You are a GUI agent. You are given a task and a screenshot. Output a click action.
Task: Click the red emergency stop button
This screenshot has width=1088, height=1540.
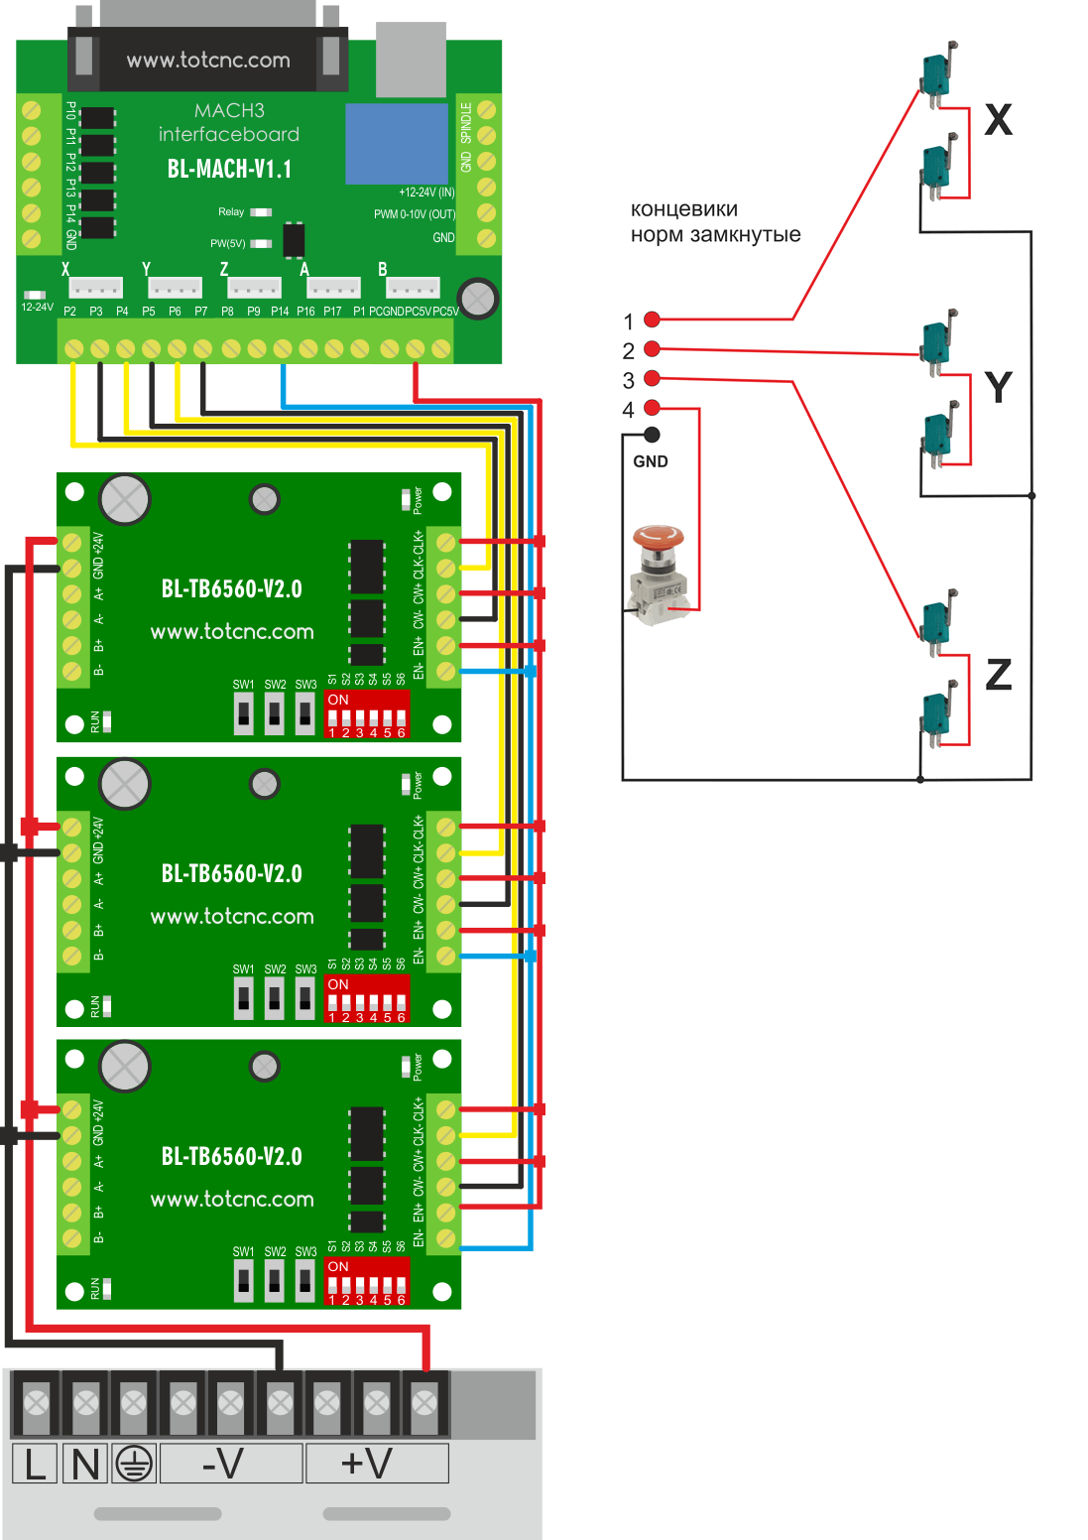click(x=659, y=539)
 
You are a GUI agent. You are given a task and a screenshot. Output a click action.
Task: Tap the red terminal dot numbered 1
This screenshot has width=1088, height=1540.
click(x=652, y=320)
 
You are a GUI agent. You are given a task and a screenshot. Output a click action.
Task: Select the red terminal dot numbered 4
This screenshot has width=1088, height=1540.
click(x=652, y=408)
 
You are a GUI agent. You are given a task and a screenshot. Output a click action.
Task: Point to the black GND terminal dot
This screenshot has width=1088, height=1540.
click(x=652, y=434)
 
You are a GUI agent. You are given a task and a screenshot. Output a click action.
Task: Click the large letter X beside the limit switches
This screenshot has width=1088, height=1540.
click(x=998, y=120)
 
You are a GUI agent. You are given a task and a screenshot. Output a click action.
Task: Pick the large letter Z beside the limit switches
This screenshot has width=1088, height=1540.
click(x=998, y=675)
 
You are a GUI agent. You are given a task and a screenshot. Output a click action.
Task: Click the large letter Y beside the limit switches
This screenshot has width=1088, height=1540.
click(x=998, y=387)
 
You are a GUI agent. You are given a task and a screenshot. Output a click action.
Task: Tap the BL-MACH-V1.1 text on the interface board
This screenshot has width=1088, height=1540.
click(x=229, y=169)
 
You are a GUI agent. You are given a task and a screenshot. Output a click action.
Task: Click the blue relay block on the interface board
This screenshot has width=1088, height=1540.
click(x=397, y=144)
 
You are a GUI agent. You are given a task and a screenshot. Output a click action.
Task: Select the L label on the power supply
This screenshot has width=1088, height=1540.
click(x=36, y=1464)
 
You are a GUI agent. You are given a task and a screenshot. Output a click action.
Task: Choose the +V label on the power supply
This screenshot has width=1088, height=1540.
click(x=367, y=1464)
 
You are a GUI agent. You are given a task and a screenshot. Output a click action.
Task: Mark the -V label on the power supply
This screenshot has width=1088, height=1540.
click(x=223, y=1464)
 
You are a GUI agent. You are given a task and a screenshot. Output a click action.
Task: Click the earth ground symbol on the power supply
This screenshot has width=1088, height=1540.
click(x=133, y=1464)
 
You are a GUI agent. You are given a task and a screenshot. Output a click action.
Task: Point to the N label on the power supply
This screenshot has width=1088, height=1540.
click(x=85, y=1464)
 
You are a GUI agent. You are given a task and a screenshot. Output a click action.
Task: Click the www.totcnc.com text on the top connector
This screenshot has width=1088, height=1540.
click(x=208, y=61)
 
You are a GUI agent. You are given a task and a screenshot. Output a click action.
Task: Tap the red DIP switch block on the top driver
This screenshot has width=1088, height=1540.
click(x=367, y=714)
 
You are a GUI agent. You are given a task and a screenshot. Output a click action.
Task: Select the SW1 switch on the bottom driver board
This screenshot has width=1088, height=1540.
click(x=243, y=1280)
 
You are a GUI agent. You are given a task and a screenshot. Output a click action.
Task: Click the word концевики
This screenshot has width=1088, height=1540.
click(x=684, y=209)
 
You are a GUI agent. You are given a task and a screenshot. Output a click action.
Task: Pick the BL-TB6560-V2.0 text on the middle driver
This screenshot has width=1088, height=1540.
click(x=232, y=874)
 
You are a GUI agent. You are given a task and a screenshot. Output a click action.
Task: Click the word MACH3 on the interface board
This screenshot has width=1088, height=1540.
click(x=229, y=110)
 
